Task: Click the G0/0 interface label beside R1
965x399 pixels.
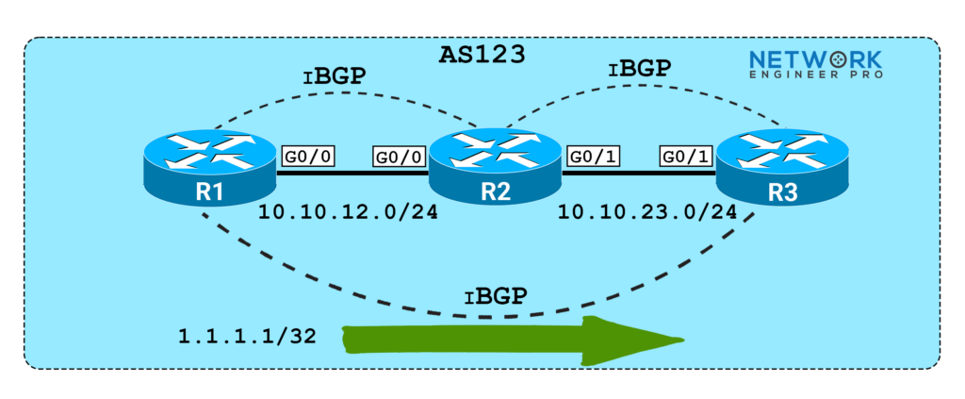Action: point(306,157)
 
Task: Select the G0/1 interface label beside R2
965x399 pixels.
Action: point(591,157)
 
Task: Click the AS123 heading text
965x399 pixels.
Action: point(482,56)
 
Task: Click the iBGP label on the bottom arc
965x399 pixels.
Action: point(495,295)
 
